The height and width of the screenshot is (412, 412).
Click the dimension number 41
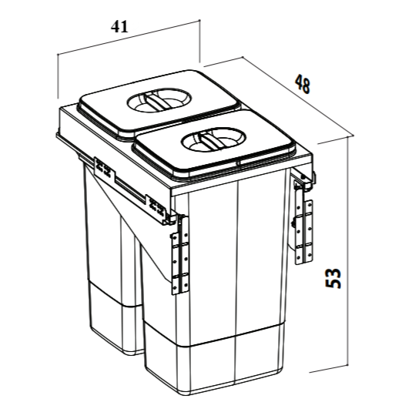pyautogui.click(x=119, y=25)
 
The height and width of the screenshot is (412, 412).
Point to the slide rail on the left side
pyautogui.click(x=131, y=184)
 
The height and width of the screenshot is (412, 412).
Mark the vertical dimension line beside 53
pyautogui.click(x=351, y=254)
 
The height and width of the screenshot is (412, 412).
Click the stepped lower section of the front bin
pyautogui.click(x=216, y=362)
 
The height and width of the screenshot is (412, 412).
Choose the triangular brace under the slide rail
pyautogui.click(x=146, y=223)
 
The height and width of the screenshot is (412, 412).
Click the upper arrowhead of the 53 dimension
pyautogui.click(x=351, y=138)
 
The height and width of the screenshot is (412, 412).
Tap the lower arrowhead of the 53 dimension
pyautogui.click(x=351, y=370)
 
